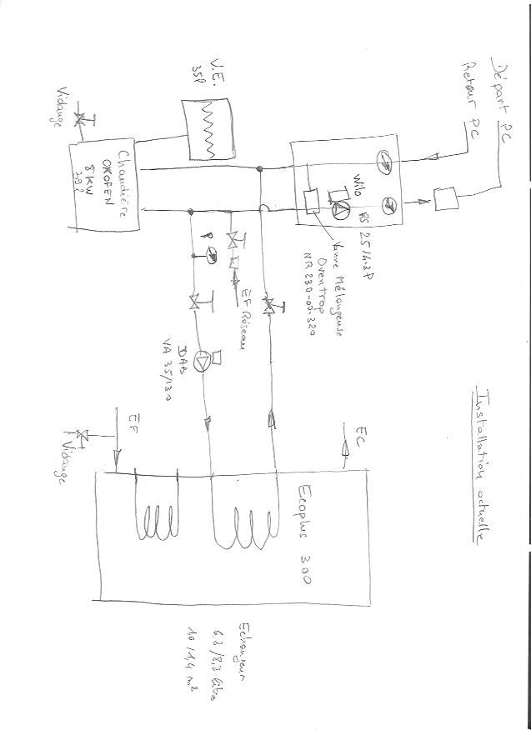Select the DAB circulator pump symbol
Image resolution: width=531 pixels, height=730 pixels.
203,362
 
